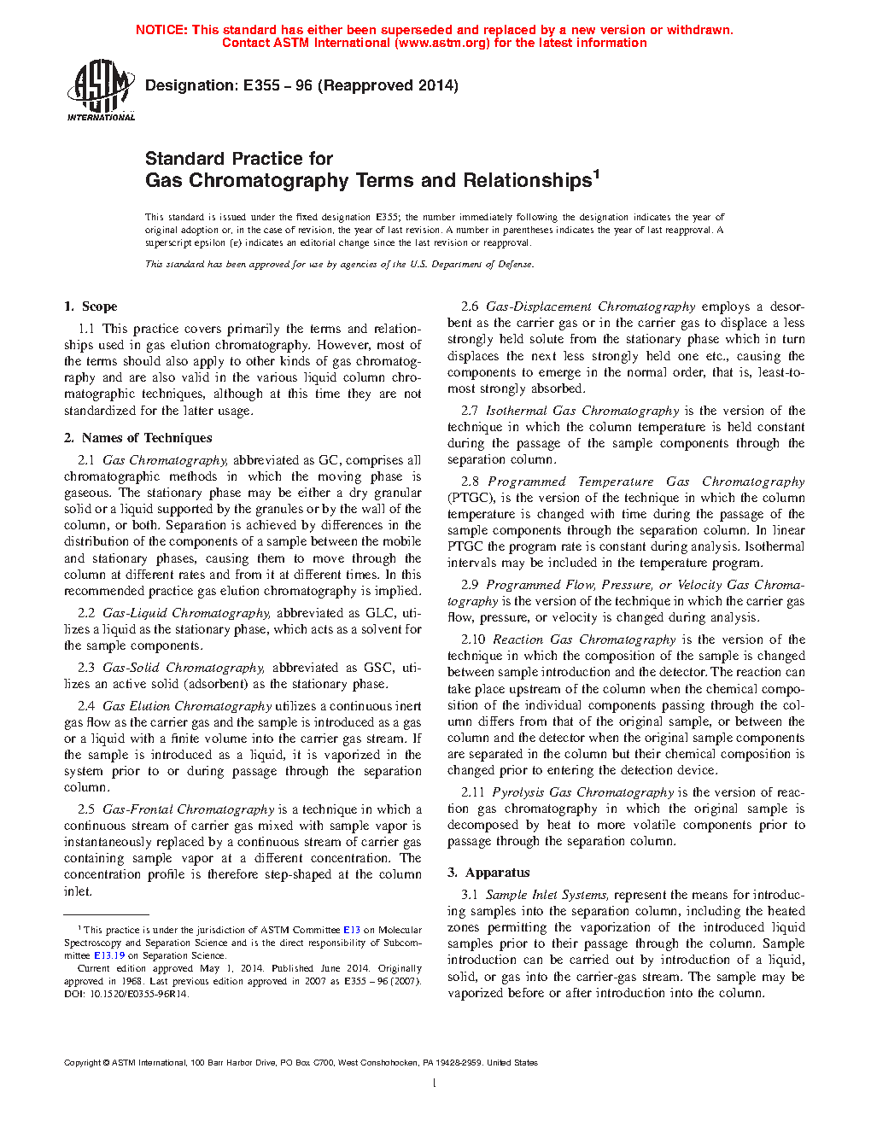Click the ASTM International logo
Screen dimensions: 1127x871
[x=101, y=90]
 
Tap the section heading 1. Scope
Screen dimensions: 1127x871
[x=91, y=307]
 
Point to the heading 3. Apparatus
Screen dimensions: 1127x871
[x=488, y=873]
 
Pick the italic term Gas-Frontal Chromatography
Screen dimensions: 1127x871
[x=188, y=809]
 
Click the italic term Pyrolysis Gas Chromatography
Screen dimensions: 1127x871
[x=583, y=792]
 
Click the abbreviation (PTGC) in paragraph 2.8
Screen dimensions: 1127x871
[x=471, y=498]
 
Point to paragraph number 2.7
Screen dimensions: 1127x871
[x=470, y=411]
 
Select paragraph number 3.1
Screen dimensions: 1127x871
[x=470, y=895]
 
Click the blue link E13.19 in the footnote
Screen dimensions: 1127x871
[x=108, y=955]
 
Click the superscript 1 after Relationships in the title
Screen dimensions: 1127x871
[x=597, y=174]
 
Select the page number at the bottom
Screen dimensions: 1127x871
[x=435, y=1083]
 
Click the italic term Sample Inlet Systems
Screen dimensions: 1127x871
[x=547, y=895]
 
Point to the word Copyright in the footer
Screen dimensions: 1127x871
[x=82, y=1063]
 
